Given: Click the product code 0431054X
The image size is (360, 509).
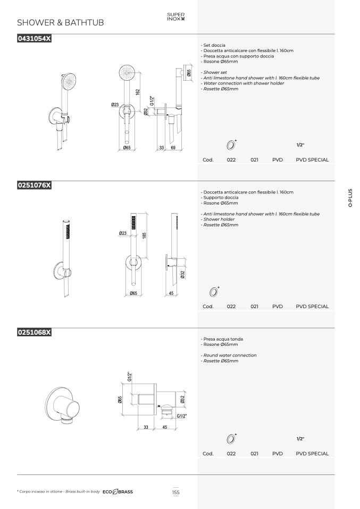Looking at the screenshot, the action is [x=34, y=39].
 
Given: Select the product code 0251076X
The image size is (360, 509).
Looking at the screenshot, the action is [x=34, y=185].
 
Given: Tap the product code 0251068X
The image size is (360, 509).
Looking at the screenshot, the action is [x=34, y=333].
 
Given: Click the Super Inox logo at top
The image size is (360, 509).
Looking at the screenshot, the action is [x=176, y=16].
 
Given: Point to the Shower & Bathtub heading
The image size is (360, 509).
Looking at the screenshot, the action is [x=61, y=23].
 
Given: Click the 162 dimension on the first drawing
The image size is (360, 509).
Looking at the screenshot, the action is [x=138, y=92].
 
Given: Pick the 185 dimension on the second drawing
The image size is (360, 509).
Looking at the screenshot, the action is [x=144, y=235].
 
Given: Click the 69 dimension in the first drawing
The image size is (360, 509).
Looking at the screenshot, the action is [x=173, y=148].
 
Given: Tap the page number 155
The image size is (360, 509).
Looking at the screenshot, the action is [x=176, y=492].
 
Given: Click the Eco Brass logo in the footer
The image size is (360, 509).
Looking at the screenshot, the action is [x=118, y=492].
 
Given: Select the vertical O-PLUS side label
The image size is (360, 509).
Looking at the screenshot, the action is [x=350, y=198].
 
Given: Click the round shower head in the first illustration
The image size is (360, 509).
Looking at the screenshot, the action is [x=70, y=81].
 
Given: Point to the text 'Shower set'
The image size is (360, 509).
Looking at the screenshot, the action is [x=215, y=72].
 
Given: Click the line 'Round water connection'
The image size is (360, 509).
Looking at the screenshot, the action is [x=230, y=355].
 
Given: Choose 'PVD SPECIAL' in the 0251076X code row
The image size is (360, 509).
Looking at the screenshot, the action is [x=312, y=307].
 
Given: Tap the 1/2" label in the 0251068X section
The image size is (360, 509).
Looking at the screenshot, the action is [x=300, y=439].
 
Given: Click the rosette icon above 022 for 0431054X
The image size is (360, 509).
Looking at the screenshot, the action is [x=231, y=145].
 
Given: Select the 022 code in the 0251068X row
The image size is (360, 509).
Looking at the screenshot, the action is [x=231, y=454].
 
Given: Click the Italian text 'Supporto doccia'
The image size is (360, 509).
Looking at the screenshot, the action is [x=221, y=197].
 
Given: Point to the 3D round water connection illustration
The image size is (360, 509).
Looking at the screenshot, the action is [x=62, y=405].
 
